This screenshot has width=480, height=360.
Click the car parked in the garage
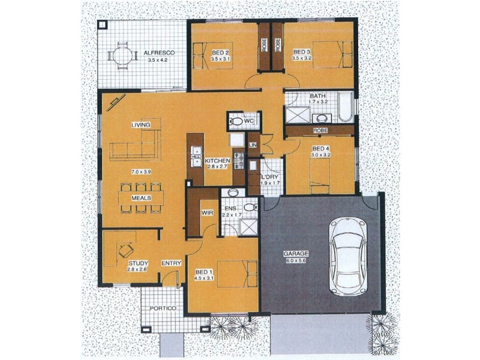coord(349,256)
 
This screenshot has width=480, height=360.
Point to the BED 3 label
coord(302,52)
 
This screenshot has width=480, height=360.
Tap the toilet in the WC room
coord(237,122)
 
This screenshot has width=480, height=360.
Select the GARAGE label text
coord(295,254)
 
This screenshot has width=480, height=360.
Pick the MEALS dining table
coord(140,197)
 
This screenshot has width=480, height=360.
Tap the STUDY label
coord(137,263)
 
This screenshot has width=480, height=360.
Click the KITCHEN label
coord(218,161)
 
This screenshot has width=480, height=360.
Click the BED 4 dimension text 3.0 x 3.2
coord(321,155)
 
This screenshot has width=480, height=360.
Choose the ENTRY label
coord(172,263)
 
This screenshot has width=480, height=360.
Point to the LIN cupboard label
coord(253,145)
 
